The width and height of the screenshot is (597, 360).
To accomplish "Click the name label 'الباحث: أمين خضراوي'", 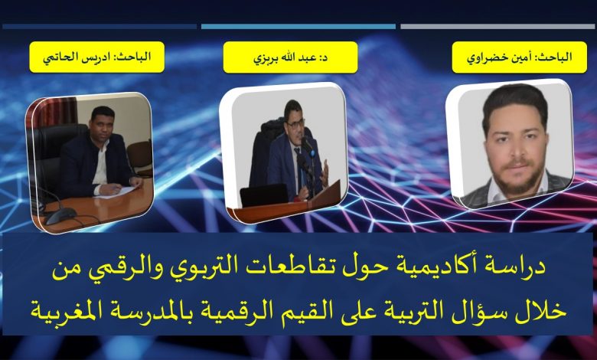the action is click(x=520, y=57).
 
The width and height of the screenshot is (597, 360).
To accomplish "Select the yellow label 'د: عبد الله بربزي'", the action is click(x=290, y=57).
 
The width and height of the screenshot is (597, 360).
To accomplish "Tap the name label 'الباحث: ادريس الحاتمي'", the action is click(x=96, y=57).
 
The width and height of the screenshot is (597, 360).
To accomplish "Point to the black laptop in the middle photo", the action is click(x=264, y=195).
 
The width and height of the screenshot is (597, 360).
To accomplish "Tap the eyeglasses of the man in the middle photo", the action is click(x=295, y=124).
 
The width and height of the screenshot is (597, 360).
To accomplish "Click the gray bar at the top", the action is click(x=497, y=27).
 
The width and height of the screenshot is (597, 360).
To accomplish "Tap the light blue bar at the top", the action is click(x=298, y=27).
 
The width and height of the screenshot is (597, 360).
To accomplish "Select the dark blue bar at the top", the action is click(x=99, y=27).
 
